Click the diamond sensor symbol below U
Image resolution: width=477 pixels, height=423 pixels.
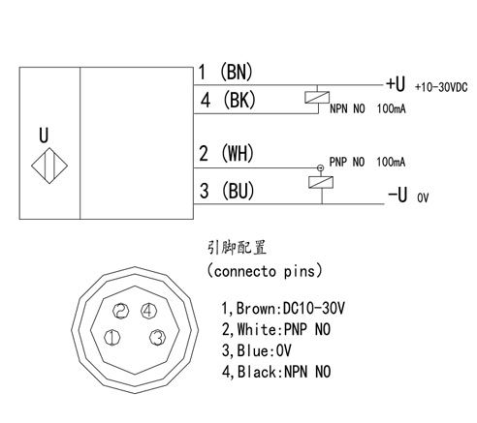click(x=49, y=166)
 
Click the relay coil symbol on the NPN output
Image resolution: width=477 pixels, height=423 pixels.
click(x=317, y=98)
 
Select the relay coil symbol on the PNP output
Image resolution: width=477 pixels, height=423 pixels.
click(x=321, y=182)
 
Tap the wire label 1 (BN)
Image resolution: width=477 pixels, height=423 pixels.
click(x=225, y=72)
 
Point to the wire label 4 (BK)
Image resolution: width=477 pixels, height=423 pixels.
click(x=228, y=100)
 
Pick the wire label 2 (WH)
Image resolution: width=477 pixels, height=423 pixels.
click(x=226, y=153)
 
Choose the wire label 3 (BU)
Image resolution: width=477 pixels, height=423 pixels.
click(x=227, y=191)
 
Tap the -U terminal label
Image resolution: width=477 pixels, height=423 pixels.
click(x=397, y=195)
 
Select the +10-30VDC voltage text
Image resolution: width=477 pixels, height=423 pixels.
click(x=441, y=87)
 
